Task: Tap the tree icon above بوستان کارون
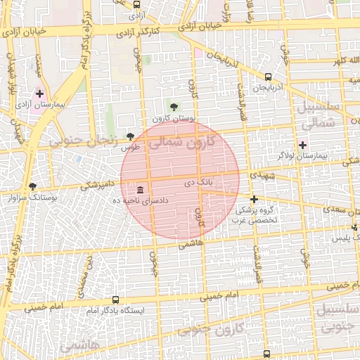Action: tap(174, 106)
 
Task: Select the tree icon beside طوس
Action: tap(129, 136)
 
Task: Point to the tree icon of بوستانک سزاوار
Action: tap(32, 186)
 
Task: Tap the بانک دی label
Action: tap(198, 183)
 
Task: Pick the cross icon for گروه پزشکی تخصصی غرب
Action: tap(254, 199)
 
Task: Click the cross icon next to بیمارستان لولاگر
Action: tap(302, 145)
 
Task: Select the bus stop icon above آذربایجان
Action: tap(268, 77)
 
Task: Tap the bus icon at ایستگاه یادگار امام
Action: tap(115, 300)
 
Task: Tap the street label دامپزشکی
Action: tap(94, 186)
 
